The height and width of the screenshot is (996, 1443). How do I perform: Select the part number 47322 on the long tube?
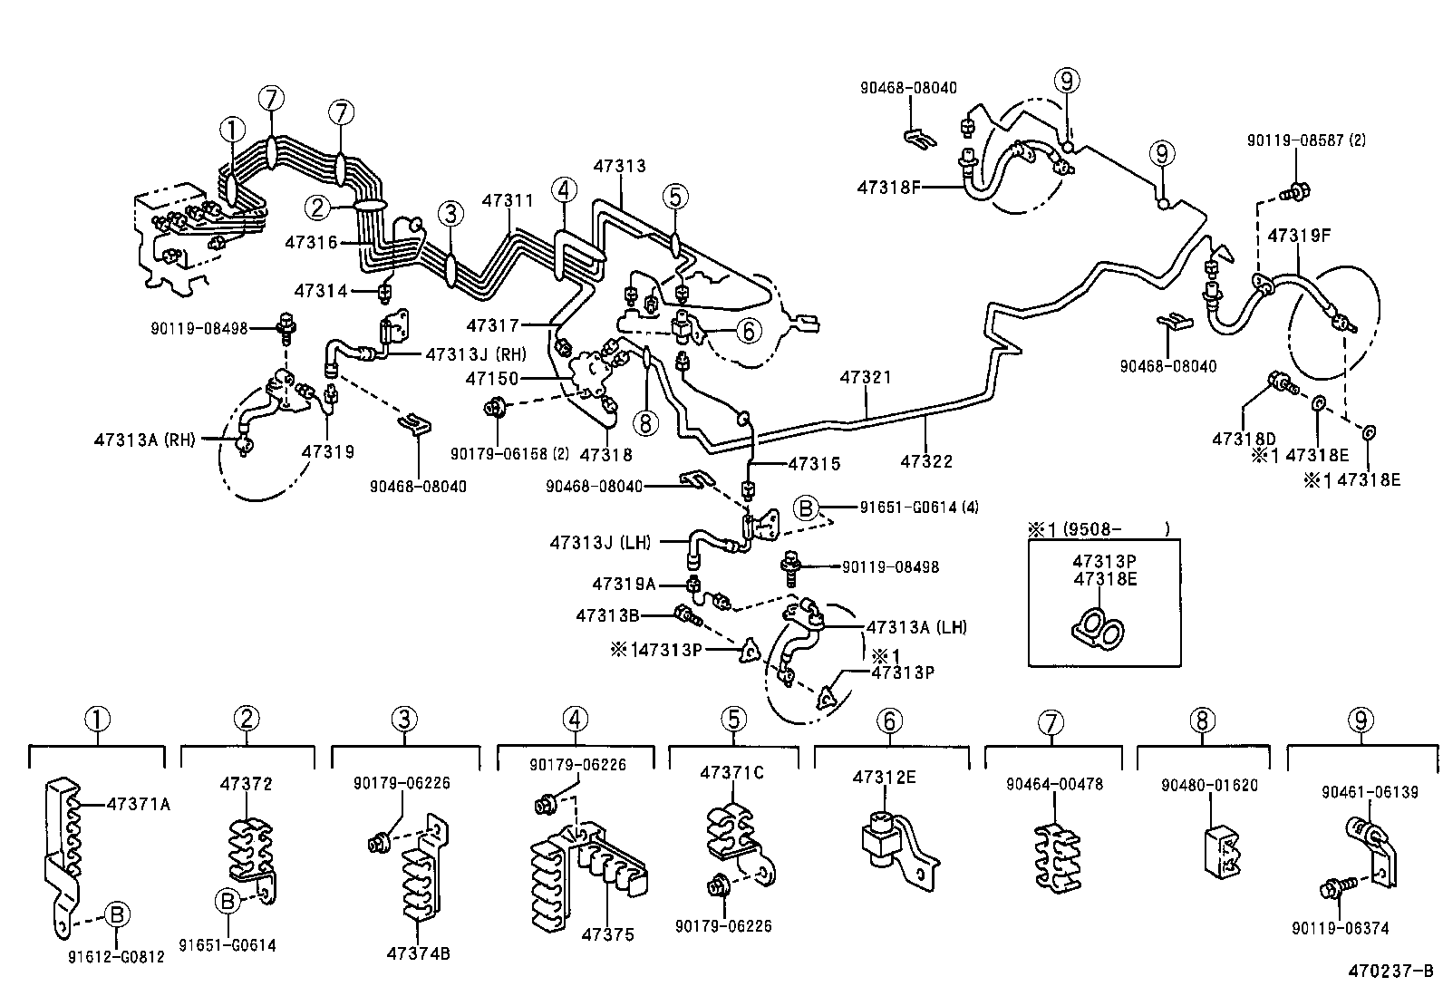(926, 461)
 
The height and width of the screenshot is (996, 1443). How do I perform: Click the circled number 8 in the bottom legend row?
(1201, 720)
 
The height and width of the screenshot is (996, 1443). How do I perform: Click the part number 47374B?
(418, 952)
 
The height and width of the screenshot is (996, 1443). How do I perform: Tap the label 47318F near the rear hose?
(889, 188)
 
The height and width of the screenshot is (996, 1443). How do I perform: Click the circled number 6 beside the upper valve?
(749, 331)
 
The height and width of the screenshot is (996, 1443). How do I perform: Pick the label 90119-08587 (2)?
(1306, 140)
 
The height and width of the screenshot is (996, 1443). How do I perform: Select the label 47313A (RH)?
(144, 440)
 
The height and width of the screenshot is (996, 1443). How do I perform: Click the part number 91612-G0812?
(116, 956)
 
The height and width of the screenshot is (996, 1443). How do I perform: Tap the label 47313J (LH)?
(600, 543)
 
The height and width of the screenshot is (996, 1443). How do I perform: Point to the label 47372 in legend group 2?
(246, 784)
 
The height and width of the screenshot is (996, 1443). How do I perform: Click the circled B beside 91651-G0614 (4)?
(806, 508)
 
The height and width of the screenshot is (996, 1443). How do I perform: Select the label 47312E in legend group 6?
(884, 777)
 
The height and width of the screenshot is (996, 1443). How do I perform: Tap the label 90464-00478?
(1054, 784)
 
